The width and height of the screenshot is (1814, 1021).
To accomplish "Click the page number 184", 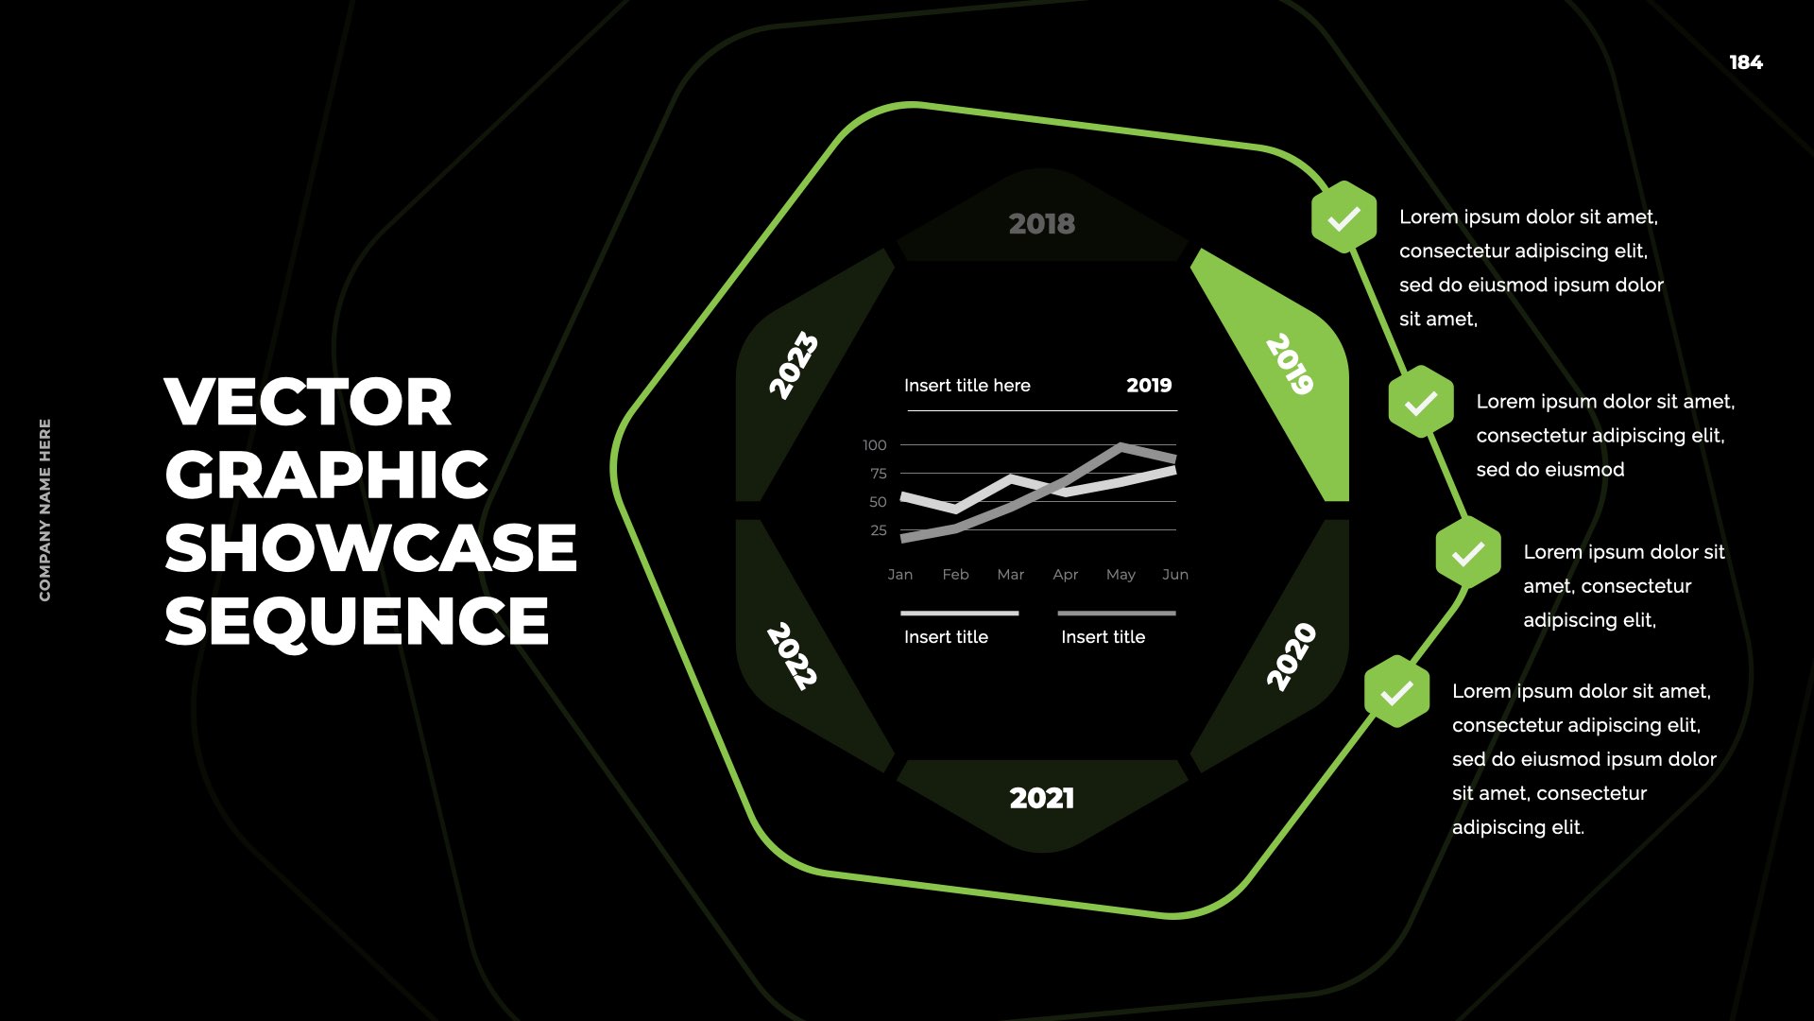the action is pyautogui.click(x=1746, y=62).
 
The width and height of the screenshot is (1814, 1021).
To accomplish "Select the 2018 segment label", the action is pyautogui.click(x=1042, y=224).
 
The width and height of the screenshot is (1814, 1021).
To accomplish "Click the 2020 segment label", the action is pyautogui.click(x=1292, y=657).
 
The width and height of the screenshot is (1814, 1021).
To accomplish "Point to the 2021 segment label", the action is pyautogui.click(x=1042, y=798).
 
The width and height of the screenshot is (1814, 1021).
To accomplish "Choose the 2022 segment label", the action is pyautogui.click(x=792, y=656).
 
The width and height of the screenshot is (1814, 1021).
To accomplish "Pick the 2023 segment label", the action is pyautogui.click(x=793, y=365).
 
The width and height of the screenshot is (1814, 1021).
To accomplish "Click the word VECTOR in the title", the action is pyautogui.click(x=308, y=402).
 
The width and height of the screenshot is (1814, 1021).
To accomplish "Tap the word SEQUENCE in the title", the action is pyautogui.click(x=356, y=621).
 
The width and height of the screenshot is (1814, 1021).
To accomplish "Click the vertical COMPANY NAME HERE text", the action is pyautogui.click(x=45, y=510).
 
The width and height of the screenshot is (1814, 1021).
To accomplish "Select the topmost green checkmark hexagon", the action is pyautogui.click(x=1343, y=217).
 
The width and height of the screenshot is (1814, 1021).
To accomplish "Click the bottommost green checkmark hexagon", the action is pyautogui.click(x=1396, y=692).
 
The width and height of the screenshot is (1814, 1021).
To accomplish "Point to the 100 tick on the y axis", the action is pyautogui.click(x=875, y=445).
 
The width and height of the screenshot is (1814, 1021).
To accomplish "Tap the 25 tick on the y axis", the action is pyautogui.click(x=879, y=530).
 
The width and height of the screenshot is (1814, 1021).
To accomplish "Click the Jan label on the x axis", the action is pyautogui.click(x=900, y=575).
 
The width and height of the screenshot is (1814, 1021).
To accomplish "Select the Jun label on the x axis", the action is pyautogui.click(x=1175, y=575).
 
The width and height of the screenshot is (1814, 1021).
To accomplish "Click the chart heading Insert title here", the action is pyautogui.click(x=967, y=386).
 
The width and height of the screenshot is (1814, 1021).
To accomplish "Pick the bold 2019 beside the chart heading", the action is pyautogui.click(x=1149, y=386).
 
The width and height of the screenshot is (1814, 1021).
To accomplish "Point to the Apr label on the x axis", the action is pyautogui.click(x=1066, y=575).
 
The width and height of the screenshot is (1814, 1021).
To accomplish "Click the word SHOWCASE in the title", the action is pyautogui.click(x=370, y=548).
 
